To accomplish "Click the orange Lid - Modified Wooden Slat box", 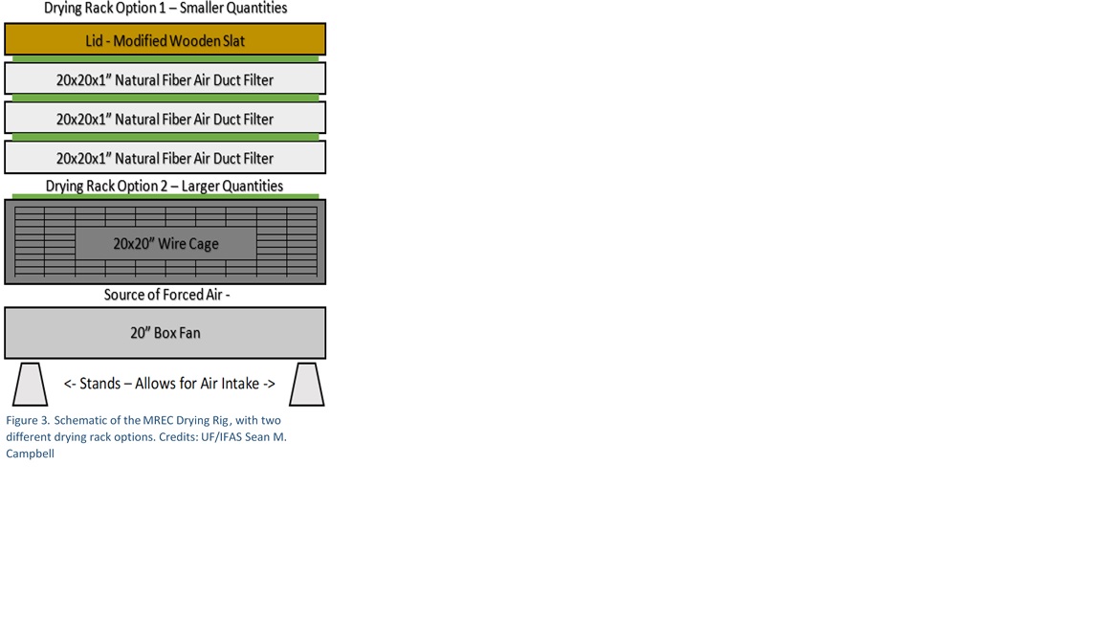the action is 165,39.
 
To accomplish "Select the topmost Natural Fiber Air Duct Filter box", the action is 165,78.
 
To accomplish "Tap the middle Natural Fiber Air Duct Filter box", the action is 165,118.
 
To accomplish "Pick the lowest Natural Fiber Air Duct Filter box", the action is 165,157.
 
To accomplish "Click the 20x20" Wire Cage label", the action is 165,244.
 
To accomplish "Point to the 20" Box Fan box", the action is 165,333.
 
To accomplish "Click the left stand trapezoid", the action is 31,384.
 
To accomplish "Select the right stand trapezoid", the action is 307,384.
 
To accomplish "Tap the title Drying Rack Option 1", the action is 165,9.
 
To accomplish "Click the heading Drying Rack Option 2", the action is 165,187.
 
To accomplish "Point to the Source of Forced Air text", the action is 167,295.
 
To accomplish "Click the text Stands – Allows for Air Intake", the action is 169,384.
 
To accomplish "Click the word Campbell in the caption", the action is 30,454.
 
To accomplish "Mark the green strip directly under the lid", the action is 165,59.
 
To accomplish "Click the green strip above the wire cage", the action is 165,197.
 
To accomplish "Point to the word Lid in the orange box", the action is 94,41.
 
